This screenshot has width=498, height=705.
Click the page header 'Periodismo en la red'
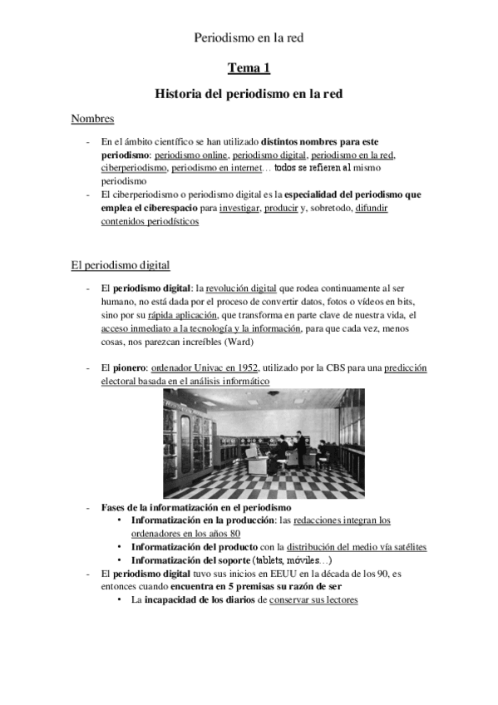[x=249, y=37]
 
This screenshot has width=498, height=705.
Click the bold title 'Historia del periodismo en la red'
[x=249, y=95]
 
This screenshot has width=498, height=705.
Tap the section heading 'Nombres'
[x=92, y=120]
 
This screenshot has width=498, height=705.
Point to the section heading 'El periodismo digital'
[x=121, y=265]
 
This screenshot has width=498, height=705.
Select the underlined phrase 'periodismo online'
[x=190, y=155]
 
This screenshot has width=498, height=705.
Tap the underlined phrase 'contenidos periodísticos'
[x=150, y=221]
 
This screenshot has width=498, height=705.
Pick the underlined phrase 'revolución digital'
[x=240, y=288]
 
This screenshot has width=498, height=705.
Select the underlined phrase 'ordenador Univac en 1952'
[x=205, y=367]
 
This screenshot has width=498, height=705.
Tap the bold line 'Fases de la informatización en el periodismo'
[x=195, y=507]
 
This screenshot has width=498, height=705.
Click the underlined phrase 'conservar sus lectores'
[x=313, y=600]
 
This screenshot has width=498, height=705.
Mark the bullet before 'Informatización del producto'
[x=122, y=547]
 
